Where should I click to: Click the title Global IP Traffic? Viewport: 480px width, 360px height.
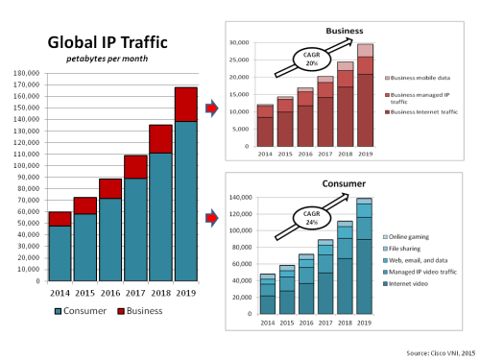click(109, 42)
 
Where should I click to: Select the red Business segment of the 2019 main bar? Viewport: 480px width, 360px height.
click(186, 104)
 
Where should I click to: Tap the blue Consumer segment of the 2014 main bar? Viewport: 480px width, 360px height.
click(60, 252)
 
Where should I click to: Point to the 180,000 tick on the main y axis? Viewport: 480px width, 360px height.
click(25, 73)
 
